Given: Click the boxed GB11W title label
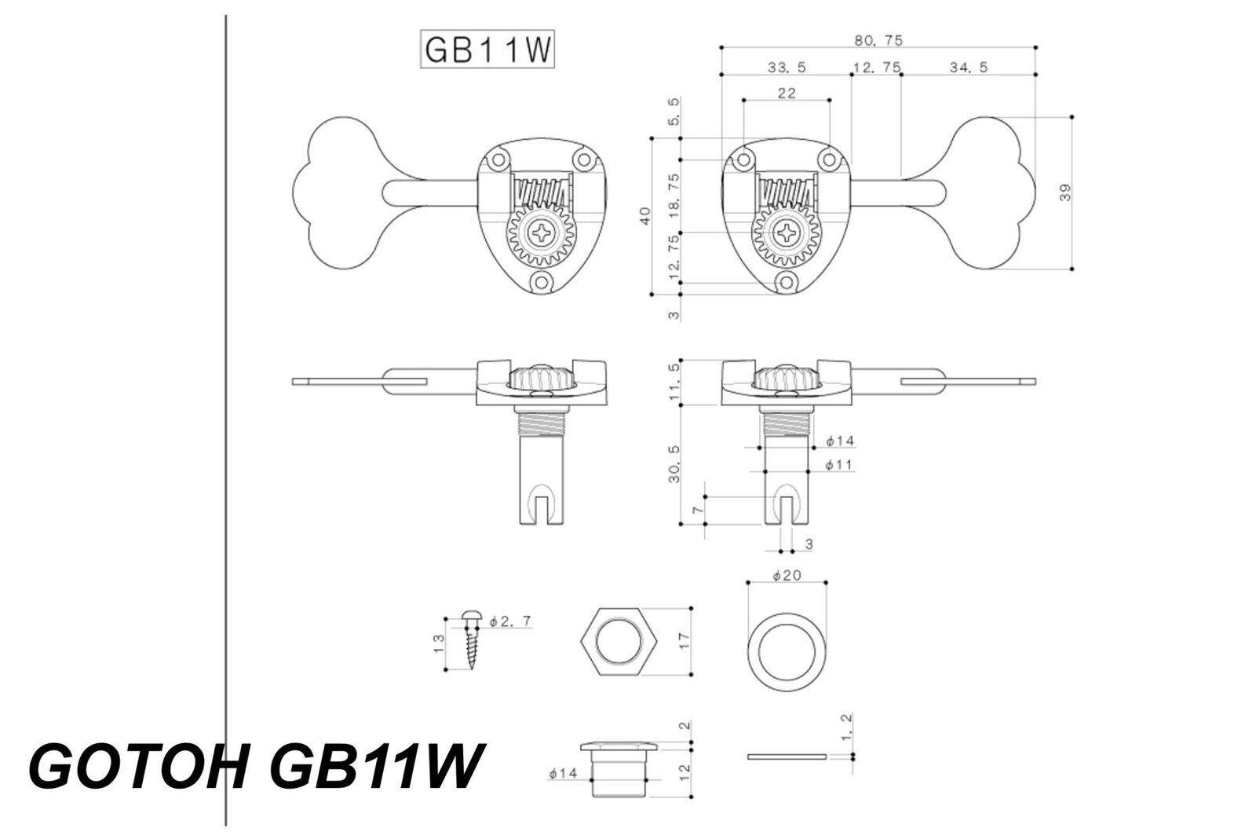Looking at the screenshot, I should coord(487,50).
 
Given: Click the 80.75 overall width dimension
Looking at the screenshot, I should coord(878,39).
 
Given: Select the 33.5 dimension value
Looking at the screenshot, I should coord(786,68).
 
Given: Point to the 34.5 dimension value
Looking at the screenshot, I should coord(968,68).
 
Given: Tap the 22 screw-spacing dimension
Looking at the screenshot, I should coord(786,93).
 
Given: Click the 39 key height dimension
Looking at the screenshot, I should coord(1065,192).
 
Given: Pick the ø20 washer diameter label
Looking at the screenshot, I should coord(786,575).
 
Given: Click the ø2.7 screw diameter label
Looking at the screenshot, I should coord(509,621).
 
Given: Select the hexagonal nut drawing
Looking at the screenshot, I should coord(618,641).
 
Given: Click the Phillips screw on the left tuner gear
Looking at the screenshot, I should coord(543,233).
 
